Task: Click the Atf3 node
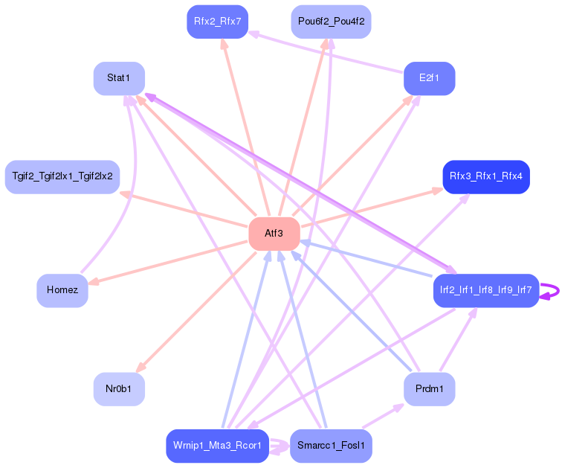(274, 234)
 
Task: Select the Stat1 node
(119, 78)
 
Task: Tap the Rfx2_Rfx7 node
(217, 22)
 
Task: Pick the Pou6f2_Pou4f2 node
(331, 22)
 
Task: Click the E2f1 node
(429, 78)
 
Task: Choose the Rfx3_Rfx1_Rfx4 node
(485, 176)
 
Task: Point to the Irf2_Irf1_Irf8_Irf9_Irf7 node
(485, 290)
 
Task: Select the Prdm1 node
(429, 389)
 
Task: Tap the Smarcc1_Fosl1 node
(331, 446)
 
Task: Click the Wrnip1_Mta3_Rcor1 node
(217, 446)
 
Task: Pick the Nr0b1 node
(119, 389)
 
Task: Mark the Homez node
(62, 290)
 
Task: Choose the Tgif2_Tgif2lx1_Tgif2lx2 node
(62, 176)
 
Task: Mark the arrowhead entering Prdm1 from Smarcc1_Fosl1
(398, 407)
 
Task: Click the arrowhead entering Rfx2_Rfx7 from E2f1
(253, 33)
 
